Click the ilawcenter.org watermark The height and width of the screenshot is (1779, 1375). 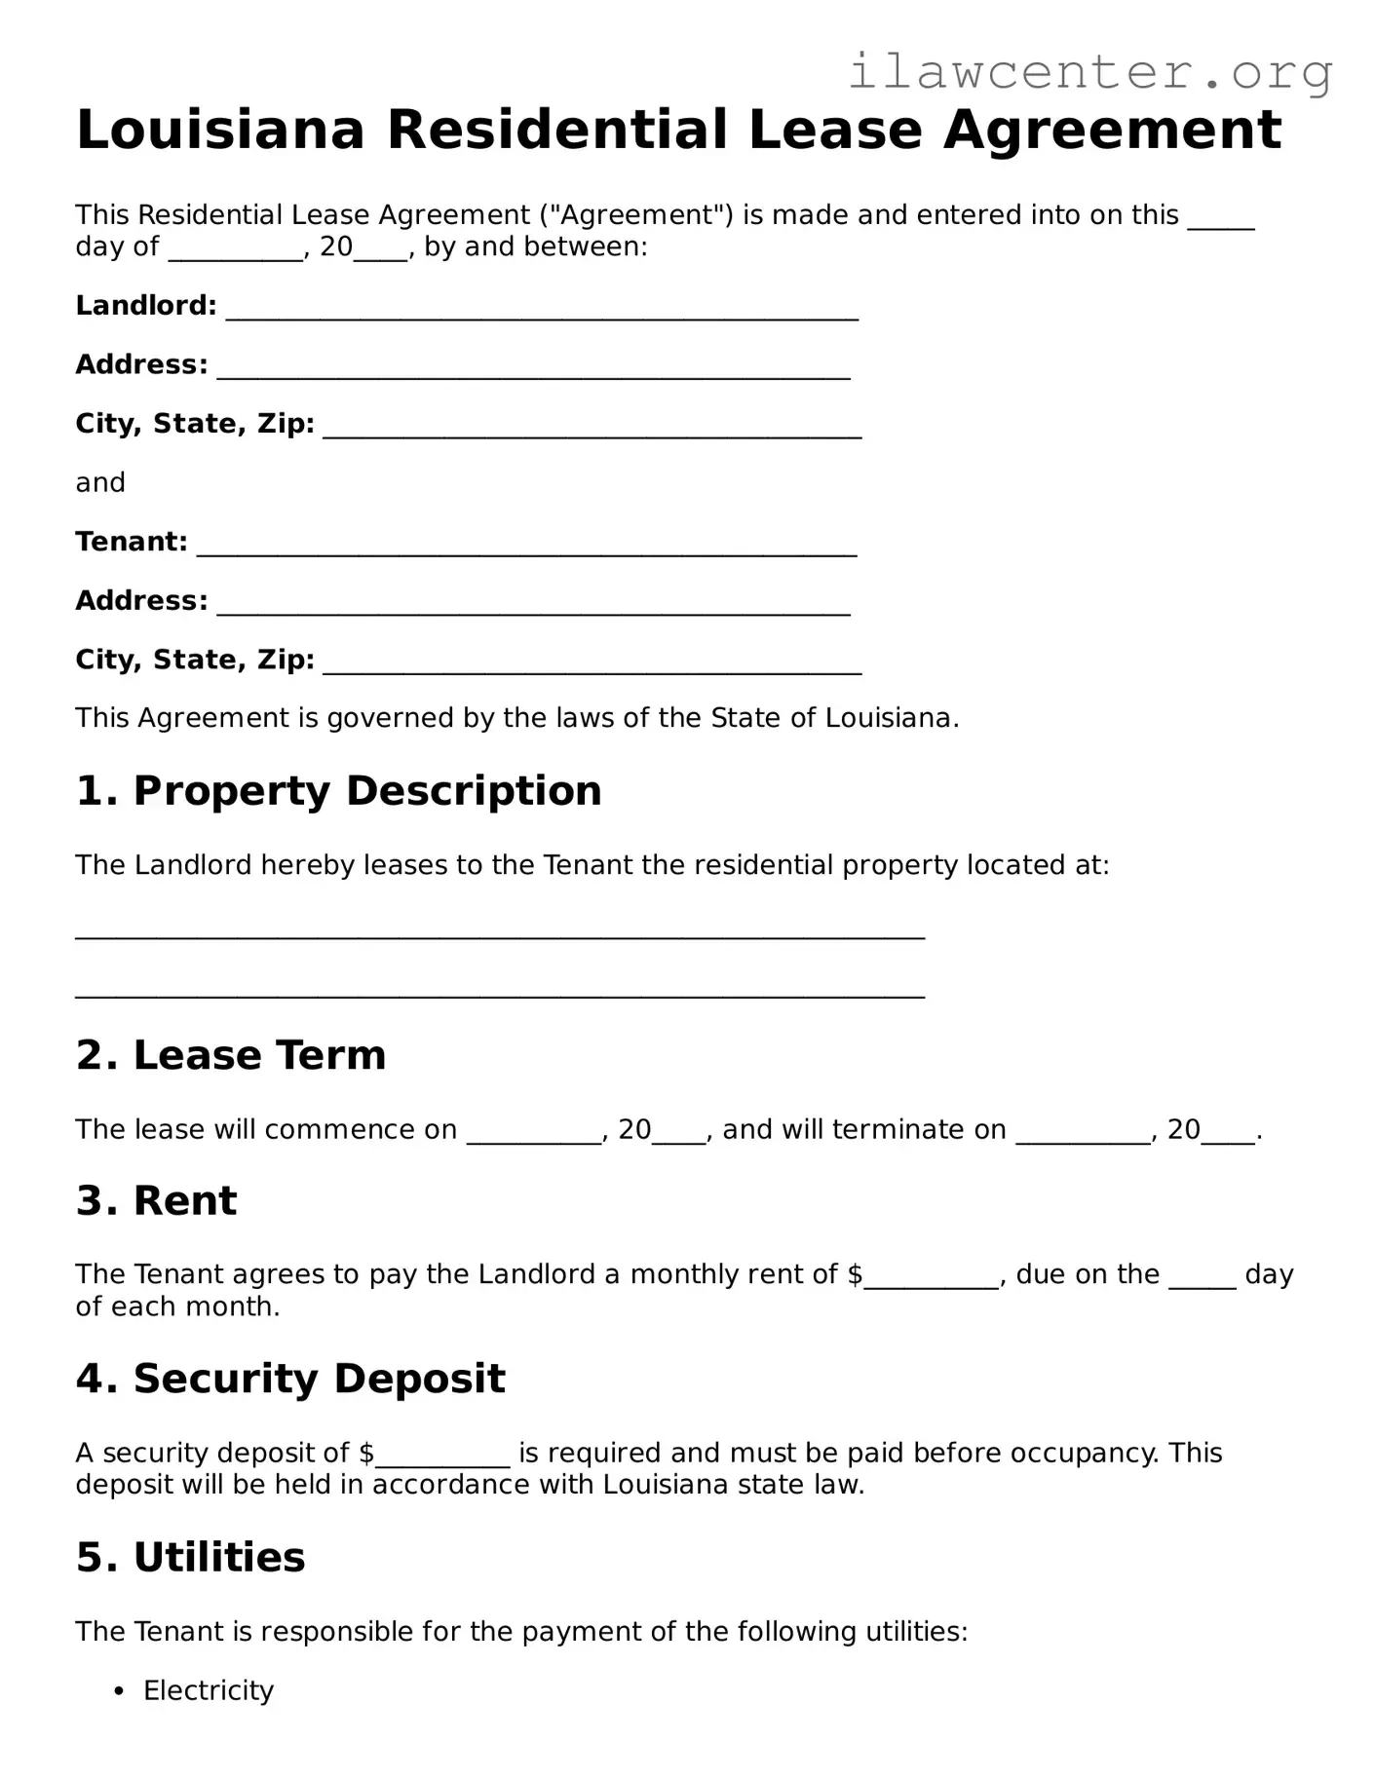pos(1089,71)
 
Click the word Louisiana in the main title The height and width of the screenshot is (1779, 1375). pos(220,131)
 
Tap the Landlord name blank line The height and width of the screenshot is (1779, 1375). pos(542,310)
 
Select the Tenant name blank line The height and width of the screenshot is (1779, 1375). pos(526,546)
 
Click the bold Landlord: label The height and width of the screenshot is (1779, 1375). pos(146,306)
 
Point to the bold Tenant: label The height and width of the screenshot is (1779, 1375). pos(132,542)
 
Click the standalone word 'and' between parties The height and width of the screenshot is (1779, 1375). pos(100,483)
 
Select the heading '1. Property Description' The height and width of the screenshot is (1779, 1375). pos(338,790)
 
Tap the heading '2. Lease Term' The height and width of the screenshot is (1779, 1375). pos(231,1055)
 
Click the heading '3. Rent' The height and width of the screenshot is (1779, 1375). pos(156,1200)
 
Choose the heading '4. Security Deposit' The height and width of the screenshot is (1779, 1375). pos(290,1379)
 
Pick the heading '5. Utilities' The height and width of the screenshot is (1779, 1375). pos(190,1557)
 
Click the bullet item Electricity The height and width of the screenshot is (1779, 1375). pos(209,1690)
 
